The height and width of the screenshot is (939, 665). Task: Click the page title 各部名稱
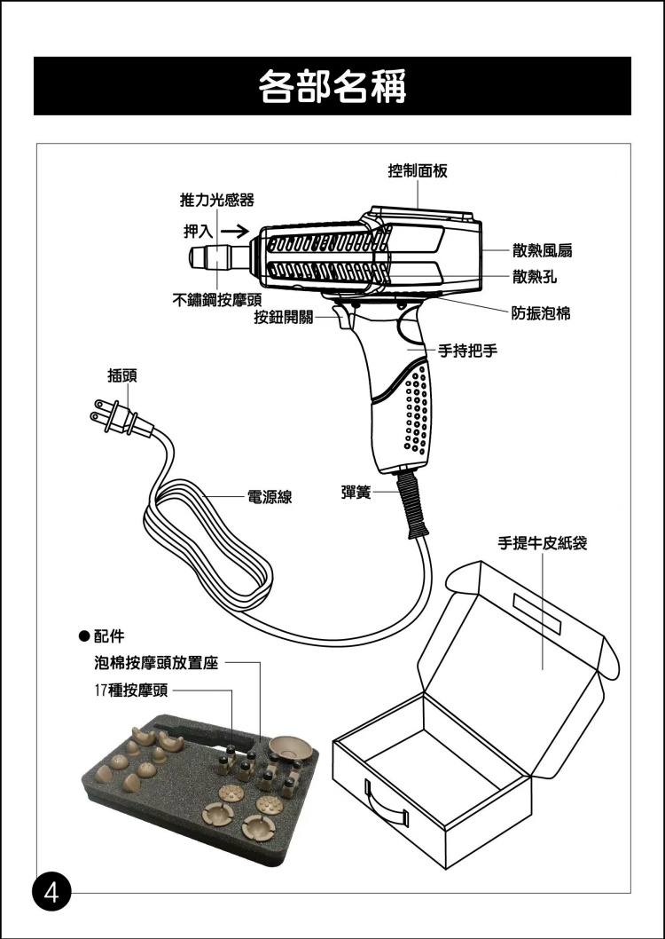pyautogui.click(x=332, y=87)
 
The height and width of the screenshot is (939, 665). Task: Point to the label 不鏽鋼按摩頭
pyautogui.click(x=215, y=299)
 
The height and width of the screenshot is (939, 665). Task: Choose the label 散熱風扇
pyautogui.click(x=541, y=251)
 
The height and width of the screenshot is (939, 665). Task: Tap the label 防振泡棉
pyautogui.click(x=541, y=313)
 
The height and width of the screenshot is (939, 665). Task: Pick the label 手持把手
pyautogui.click(x=467, y=351)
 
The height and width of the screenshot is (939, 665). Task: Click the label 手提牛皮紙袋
pyautogui.click(x=542, y=541)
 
